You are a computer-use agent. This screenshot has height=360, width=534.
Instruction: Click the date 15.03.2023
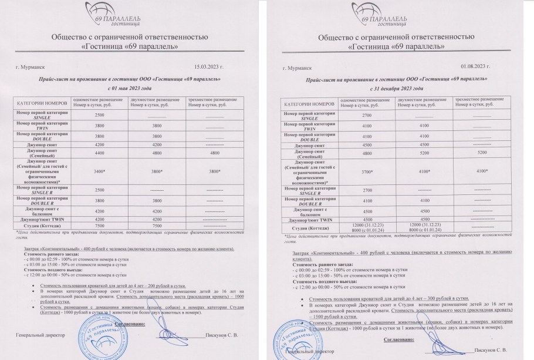click(x=209, y=68)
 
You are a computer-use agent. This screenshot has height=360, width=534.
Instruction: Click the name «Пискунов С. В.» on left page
click(x=221, y=335)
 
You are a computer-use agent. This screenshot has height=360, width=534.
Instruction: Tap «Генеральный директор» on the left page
click(x=39, y=335)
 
